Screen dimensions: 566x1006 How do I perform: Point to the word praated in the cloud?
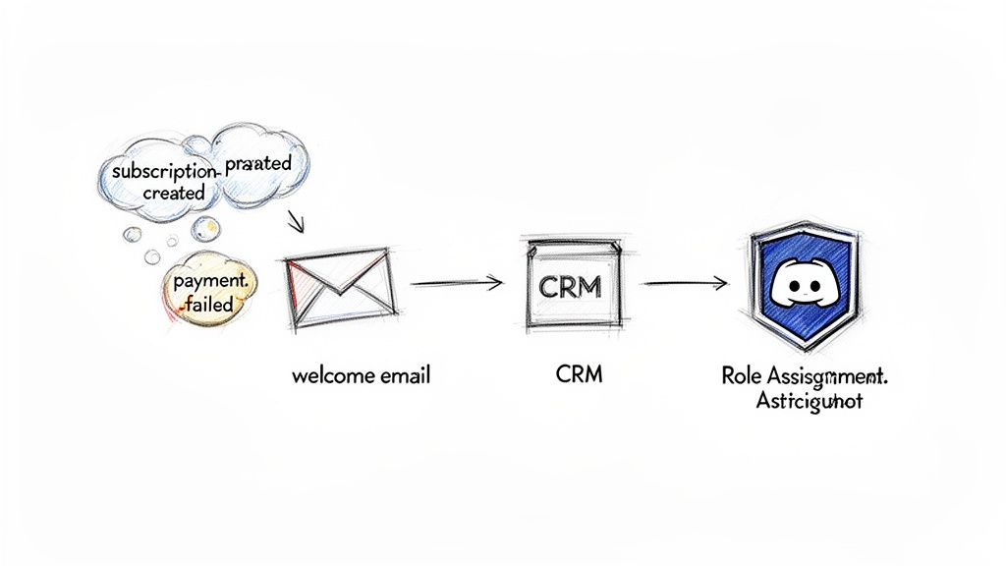pos(257,164)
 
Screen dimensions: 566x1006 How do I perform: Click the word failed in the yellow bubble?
pos(206,304)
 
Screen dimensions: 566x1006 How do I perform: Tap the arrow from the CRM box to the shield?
pos(684,284)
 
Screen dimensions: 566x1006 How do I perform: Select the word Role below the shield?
pos(742,376)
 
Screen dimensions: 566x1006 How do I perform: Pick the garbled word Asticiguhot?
pos(809,402)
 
